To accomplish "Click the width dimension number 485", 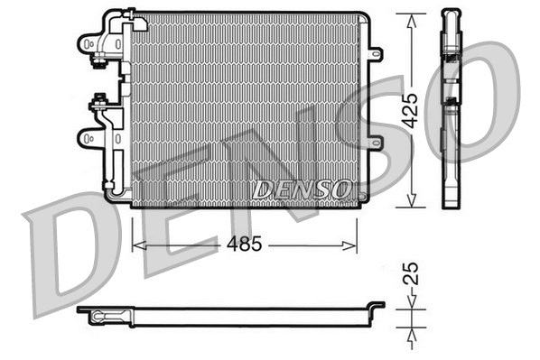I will point(245,244).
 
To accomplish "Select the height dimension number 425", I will point(411,109).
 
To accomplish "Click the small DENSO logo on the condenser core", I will point(302,189).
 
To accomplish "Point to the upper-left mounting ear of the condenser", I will point(88,42).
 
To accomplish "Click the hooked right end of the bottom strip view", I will point(377,308).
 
